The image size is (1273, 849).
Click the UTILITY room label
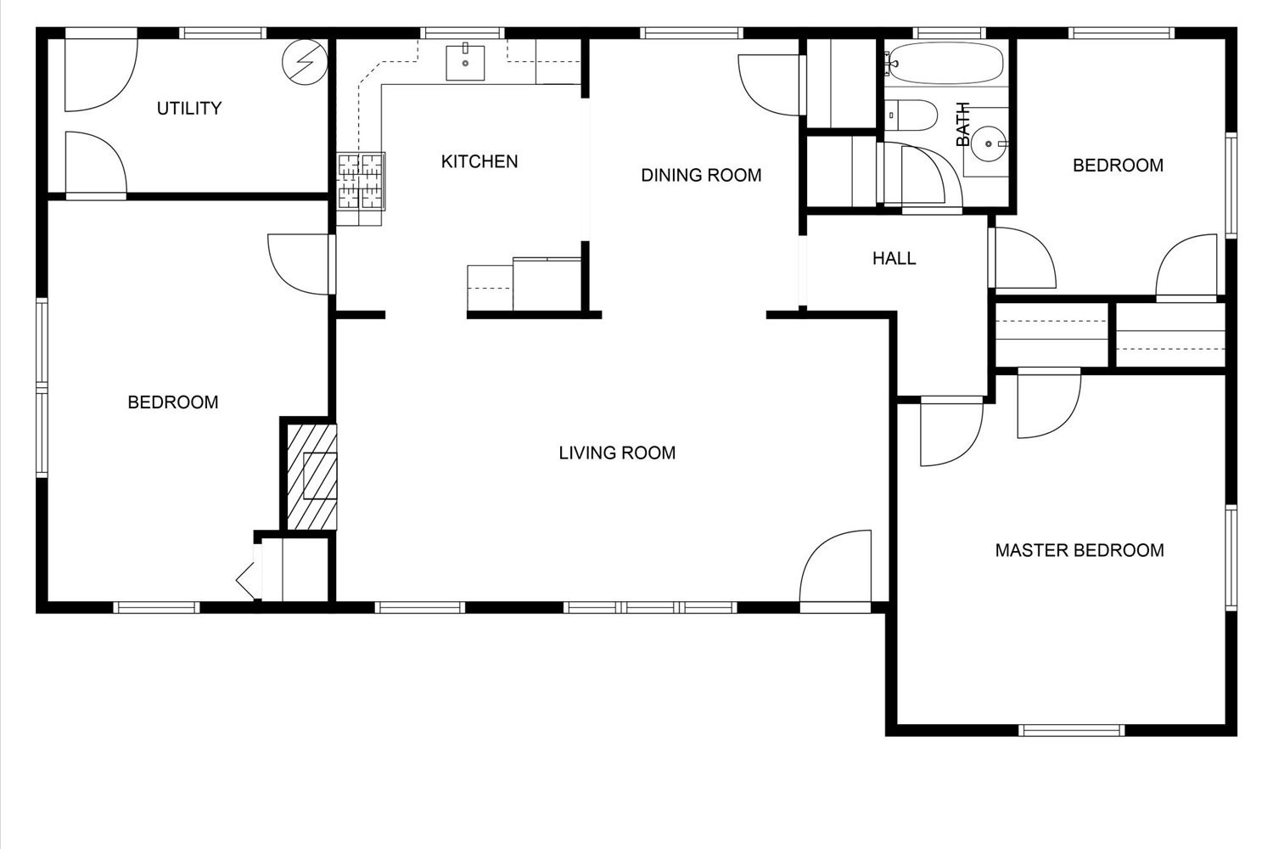click(x=189, y=109)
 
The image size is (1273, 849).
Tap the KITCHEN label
click(x=479, y=161)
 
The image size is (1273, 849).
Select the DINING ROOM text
click(x=701, y=176)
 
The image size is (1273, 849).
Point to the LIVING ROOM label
click(x=617, y=453)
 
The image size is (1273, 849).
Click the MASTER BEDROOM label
click(x=1080, y=550)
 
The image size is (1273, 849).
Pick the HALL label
click(x=894, y=258)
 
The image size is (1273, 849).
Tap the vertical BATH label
click(x=963, y=125)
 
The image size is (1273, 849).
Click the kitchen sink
click(x=466, y=63)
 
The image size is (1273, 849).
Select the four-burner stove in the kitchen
click(x=362, y=181)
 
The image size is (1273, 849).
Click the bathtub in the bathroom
click(x=945, y=65)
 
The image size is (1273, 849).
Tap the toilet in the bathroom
click(x=911, y=115)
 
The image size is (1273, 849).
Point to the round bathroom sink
click(x=988, y=144)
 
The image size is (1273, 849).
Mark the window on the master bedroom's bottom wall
click(x=1072, y=730)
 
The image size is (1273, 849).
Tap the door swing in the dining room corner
click(x=769, y=83)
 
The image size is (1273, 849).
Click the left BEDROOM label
click(x=173, y=402)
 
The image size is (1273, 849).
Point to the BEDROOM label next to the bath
click(x=1118, y=166)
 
